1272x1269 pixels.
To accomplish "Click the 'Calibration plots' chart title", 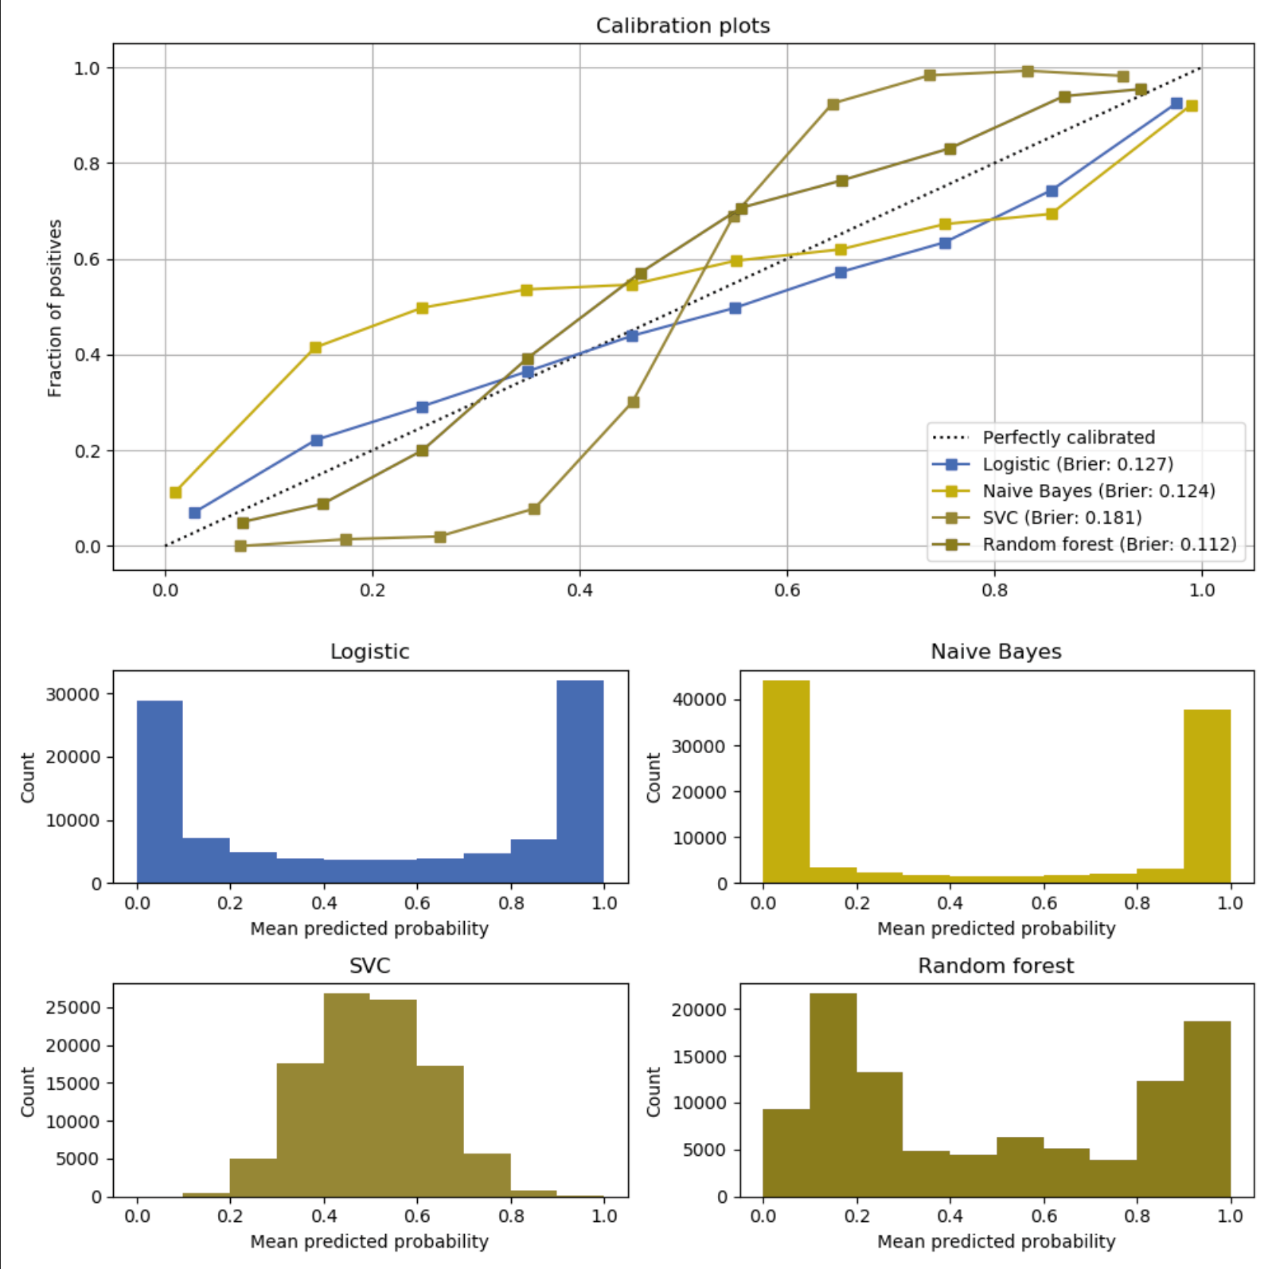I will point(682,25).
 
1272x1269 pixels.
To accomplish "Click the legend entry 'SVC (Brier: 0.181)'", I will point(1061,517).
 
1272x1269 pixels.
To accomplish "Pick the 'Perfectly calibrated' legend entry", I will point(1067,437).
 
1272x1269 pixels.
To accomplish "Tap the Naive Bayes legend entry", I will point(1098,490).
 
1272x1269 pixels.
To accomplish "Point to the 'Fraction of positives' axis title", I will point(54,308).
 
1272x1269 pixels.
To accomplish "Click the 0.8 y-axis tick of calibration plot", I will point(87,164).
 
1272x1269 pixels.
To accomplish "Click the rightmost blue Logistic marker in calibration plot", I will point(1176,103).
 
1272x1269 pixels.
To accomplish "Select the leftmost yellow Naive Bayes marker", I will point(176,493).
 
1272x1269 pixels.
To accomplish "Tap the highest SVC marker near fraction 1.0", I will point(1028,72).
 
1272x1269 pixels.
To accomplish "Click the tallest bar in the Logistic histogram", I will point(579,780).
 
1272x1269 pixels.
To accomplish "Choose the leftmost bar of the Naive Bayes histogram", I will point(786,780).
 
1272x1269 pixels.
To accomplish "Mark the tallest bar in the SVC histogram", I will point(346,1095).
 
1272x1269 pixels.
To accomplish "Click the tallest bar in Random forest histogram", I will point(833,1095).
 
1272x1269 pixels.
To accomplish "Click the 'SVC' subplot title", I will point(369,966).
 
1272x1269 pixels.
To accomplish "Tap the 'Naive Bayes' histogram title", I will point(996,652).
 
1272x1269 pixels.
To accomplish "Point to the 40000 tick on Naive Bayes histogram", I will point(699,700).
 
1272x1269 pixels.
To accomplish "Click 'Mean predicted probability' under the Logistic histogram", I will point(369,928).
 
